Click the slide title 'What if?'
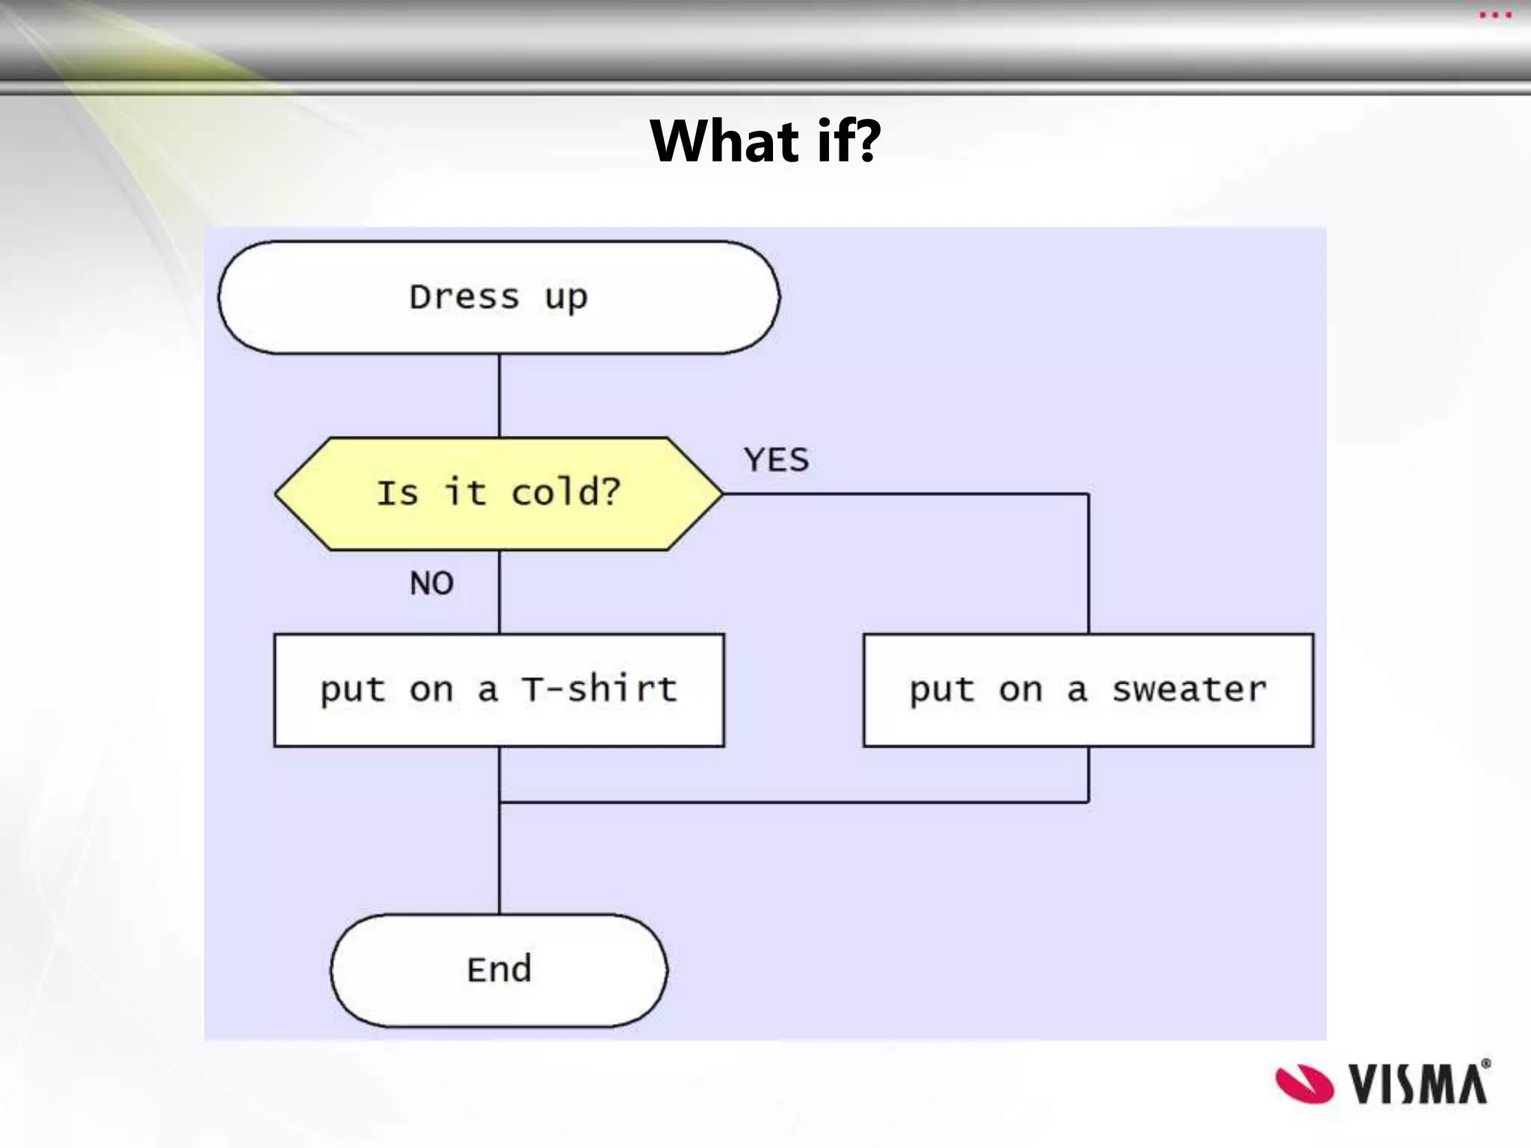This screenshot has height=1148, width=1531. (765, 141)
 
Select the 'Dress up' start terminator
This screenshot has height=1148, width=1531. (499, 297)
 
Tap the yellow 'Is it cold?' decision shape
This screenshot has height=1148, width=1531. (499, 493)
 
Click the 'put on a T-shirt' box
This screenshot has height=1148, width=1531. (499, 690)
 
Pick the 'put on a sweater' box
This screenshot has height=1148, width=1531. (1088, 690)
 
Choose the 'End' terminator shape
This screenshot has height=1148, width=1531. (499, 970)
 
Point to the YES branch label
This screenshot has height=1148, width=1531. (777, 460)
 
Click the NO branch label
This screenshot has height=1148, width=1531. (431, 583)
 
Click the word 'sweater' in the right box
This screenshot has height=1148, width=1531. (1189, 690)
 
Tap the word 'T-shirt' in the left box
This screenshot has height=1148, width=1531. (599, 688)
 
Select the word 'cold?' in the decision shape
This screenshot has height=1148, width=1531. (566, 493)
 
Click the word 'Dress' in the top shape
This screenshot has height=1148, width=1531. (463, 297)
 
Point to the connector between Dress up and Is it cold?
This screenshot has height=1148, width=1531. (499, 395)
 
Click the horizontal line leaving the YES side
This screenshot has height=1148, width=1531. (905, 494)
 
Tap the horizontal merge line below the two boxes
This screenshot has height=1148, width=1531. (792, 803)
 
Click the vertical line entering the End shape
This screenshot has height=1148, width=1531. (499, 860)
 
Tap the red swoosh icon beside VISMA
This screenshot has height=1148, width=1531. (1304, 1084)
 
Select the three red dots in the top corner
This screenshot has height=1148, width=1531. (1495, 15)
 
